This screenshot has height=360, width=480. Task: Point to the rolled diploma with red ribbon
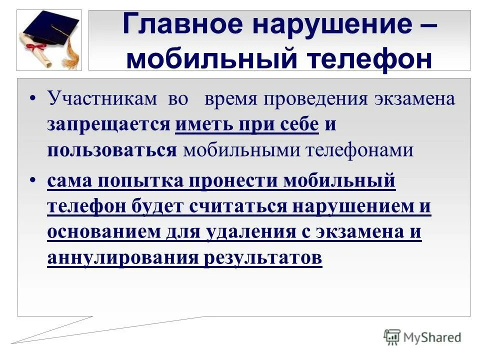tap(35, 47)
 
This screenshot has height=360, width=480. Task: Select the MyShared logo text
tap(432, 337)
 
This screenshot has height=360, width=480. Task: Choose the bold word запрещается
tap(109, 124)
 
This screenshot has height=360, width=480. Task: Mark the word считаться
tap(237, 206)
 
